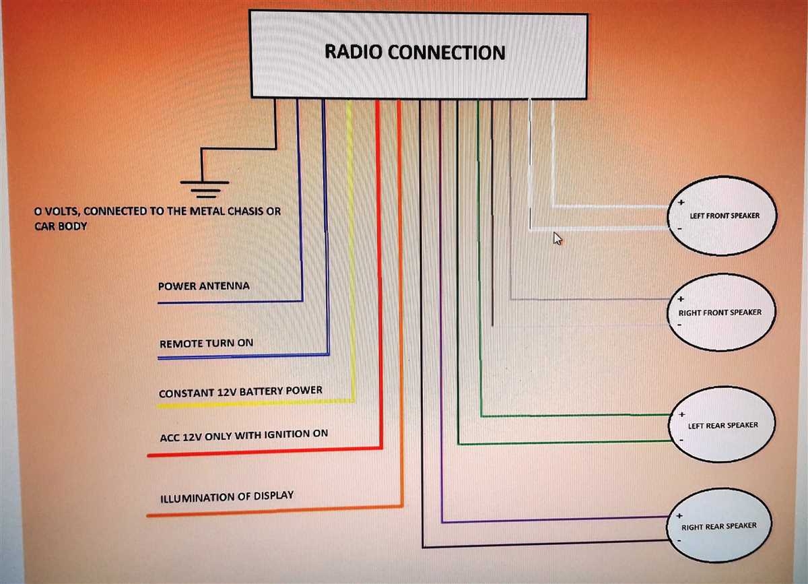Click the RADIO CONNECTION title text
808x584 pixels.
pyautogui.click(x=415, y=52)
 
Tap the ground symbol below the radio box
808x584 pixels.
pyautogui.click(x=205, y=188)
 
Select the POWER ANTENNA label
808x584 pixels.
pyautogui.click(x=203, y=286)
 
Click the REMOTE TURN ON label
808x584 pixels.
pyautogui.click(x=206, y=344)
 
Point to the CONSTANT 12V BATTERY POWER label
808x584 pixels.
pyautogui.click(x=240, y=391)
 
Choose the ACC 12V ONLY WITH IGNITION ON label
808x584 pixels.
pyautogui.click(x=243, y=435)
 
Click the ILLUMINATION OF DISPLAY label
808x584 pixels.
pyautogui.click(x=227, y=497)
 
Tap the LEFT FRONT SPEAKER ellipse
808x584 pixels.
pyautogui.click(x=723, y=216)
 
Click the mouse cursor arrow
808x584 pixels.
pyautogui.click(x=557, y=238)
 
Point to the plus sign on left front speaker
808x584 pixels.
pyautogui.click(x=681, y=202)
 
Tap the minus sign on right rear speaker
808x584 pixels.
pyautogui.click(x=680, y=540)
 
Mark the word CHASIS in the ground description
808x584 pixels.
pyautogui.click(x=241, y=212)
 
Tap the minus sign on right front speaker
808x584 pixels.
pyautogui.click(x=680, y=325)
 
